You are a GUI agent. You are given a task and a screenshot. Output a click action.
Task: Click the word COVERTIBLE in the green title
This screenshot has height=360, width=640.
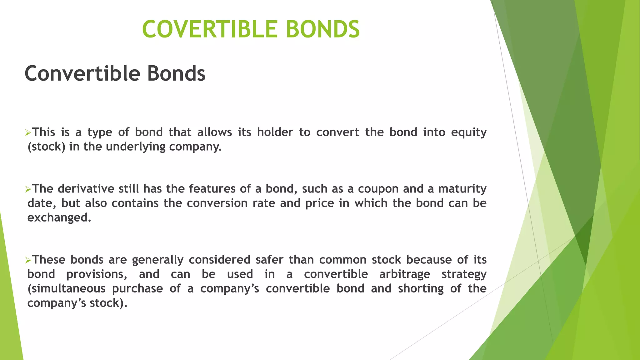click(210, 29)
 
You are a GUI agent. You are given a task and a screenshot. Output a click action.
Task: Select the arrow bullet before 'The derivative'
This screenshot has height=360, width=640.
click(28, 190)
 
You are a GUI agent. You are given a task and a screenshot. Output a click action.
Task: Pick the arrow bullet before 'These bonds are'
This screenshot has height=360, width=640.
click(28, 261)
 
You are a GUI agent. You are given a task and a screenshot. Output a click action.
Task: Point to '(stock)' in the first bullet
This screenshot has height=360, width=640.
click(47, 147)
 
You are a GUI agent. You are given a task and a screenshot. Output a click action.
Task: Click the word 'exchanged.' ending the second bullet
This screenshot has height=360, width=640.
click(59, 217)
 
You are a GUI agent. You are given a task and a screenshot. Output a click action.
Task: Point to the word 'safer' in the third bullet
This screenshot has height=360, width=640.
click(268, 260)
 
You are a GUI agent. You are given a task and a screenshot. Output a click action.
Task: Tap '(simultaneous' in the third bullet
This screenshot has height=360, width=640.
click(67, 288)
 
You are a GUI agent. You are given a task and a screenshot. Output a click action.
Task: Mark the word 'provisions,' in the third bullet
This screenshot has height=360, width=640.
click(97, 274)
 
